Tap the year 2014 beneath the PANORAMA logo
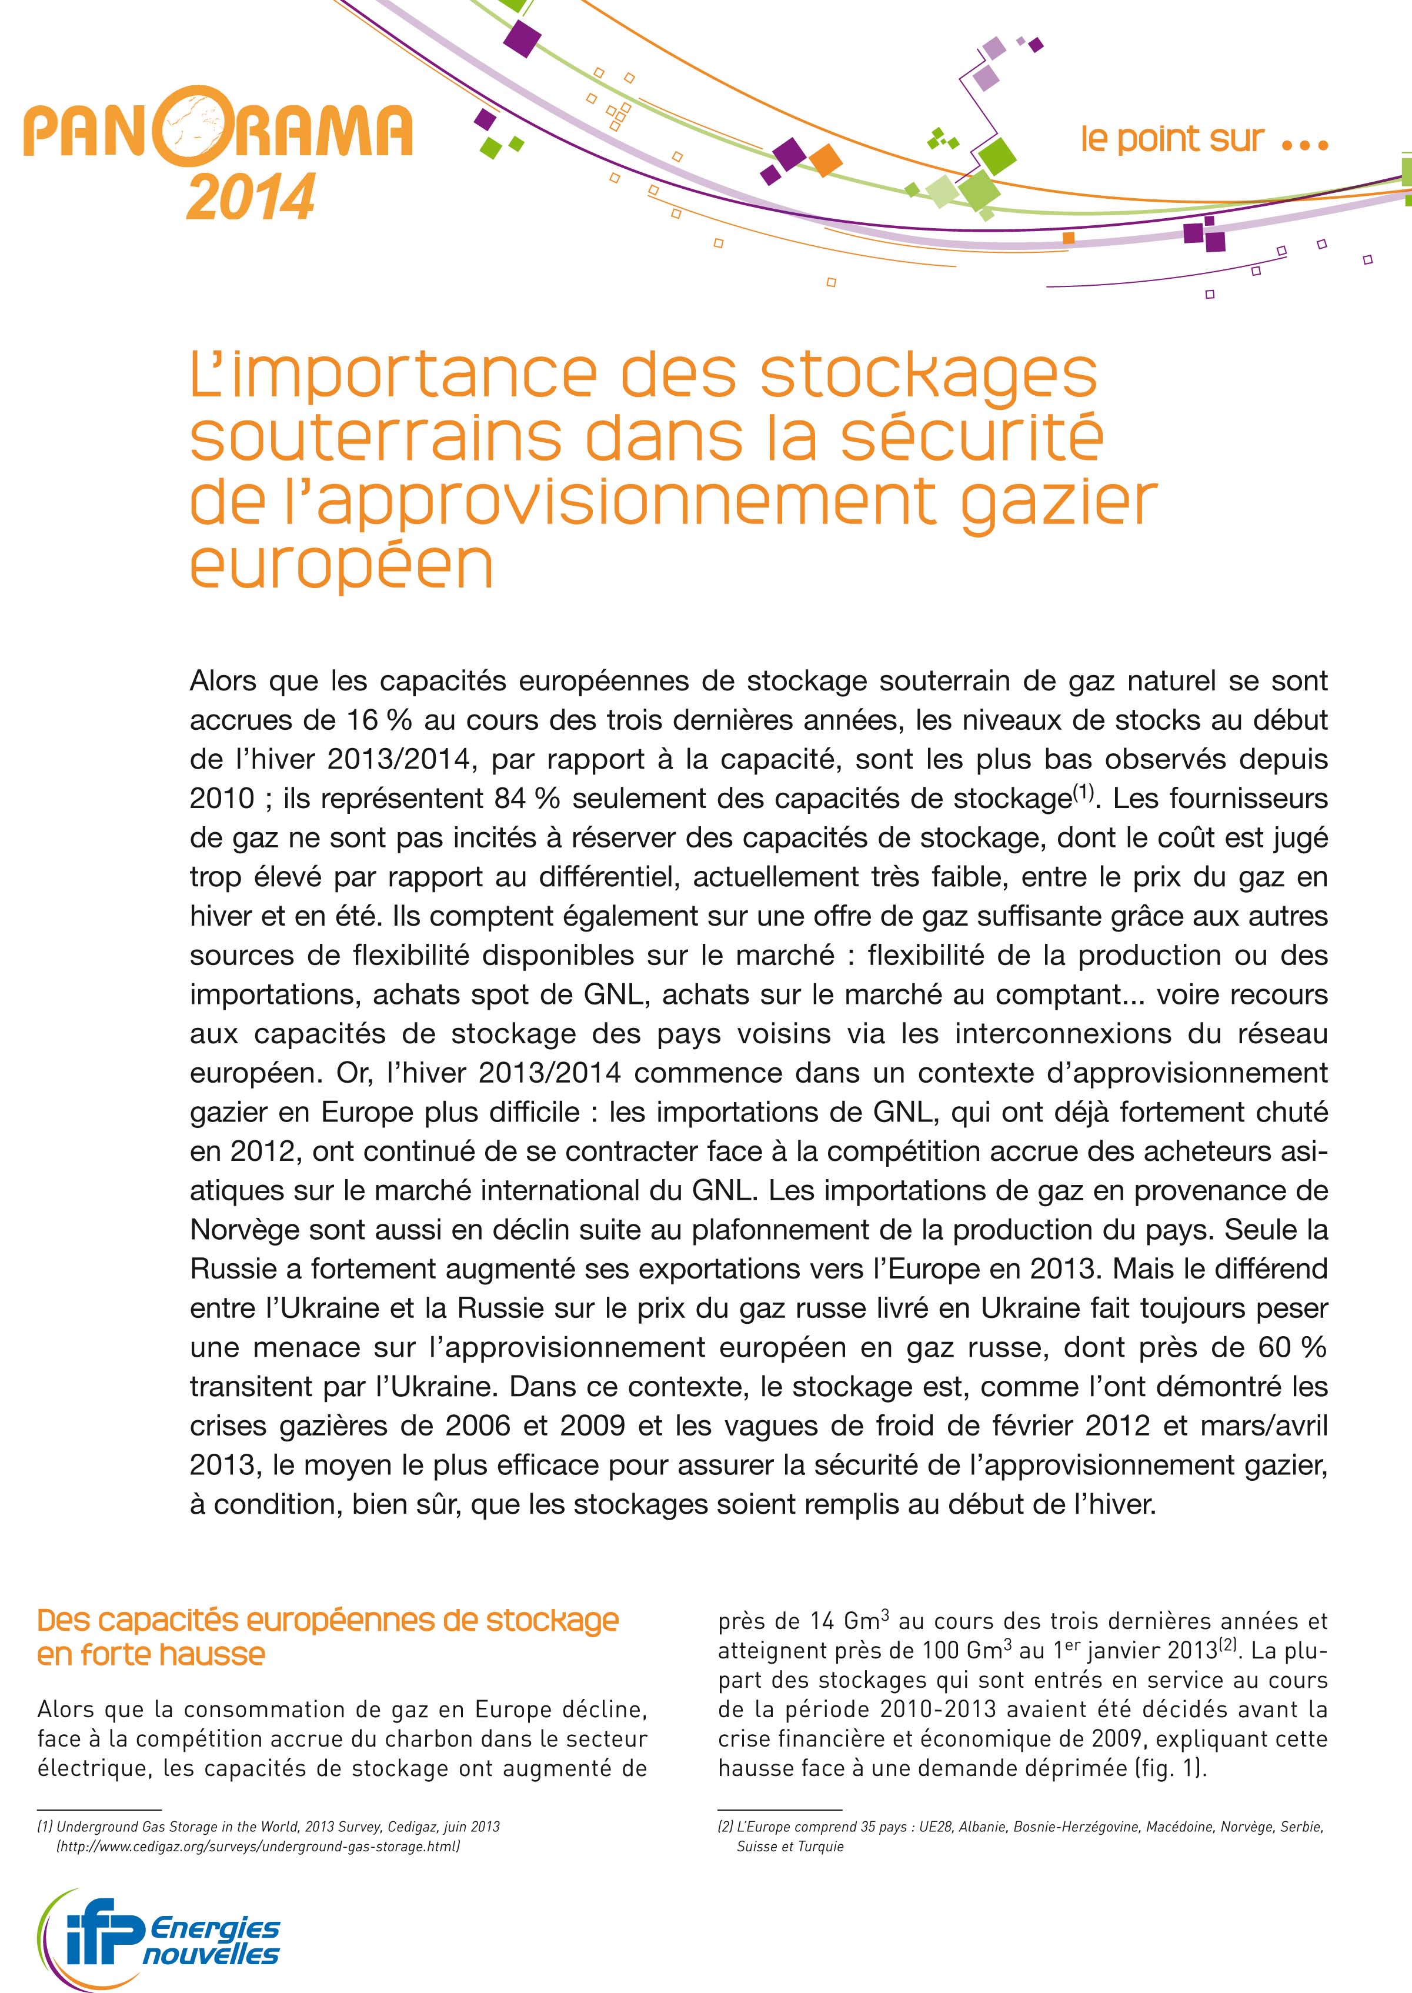251,198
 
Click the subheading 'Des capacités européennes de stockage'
328,1621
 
